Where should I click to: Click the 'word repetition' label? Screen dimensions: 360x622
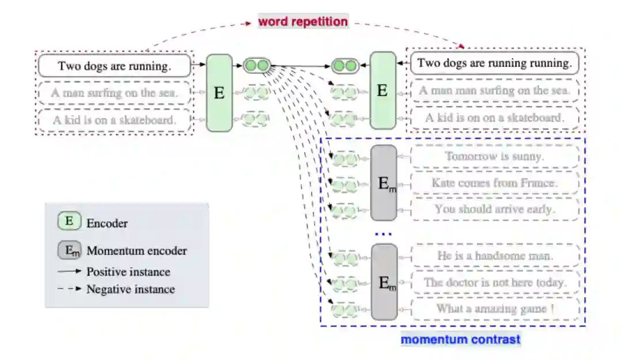click(x=303, y=22)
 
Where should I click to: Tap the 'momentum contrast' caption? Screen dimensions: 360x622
click(x=460, y=339)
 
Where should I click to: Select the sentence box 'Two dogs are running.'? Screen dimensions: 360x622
click(x=114, y=66)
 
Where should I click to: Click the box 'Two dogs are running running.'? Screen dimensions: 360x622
click(x=495, y=63)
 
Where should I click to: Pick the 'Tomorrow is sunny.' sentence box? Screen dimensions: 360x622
click(x=495, y=157)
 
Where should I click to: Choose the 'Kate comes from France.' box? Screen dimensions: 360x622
click(x=495, y=183)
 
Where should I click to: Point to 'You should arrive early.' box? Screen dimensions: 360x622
click(x=495, y=209)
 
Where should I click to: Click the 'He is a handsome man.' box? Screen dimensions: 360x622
click(x=495, y=256)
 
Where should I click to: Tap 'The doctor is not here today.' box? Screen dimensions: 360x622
click(x=495, y=282)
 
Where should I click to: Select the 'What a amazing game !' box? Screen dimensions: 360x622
click(x=495, y=309)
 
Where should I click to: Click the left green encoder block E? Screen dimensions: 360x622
click(x=219, y=92)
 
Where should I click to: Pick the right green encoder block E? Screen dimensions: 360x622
click(x=382, y=90)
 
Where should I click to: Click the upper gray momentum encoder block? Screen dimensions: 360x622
click(x=384, y=183)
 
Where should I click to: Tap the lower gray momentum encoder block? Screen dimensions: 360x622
click(x=384, y=282)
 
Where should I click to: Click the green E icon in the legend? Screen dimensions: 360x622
click(x=69, y=222)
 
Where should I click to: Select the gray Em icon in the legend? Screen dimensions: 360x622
click(x=69, y=251)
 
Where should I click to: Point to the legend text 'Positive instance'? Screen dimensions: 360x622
click(x=128, y=271)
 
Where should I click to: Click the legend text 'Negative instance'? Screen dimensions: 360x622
click(x=130, y=289)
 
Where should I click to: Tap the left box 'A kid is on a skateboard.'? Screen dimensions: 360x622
click(x=114, y=120)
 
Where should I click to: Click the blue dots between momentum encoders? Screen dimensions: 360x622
click(x=383, y=234)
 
